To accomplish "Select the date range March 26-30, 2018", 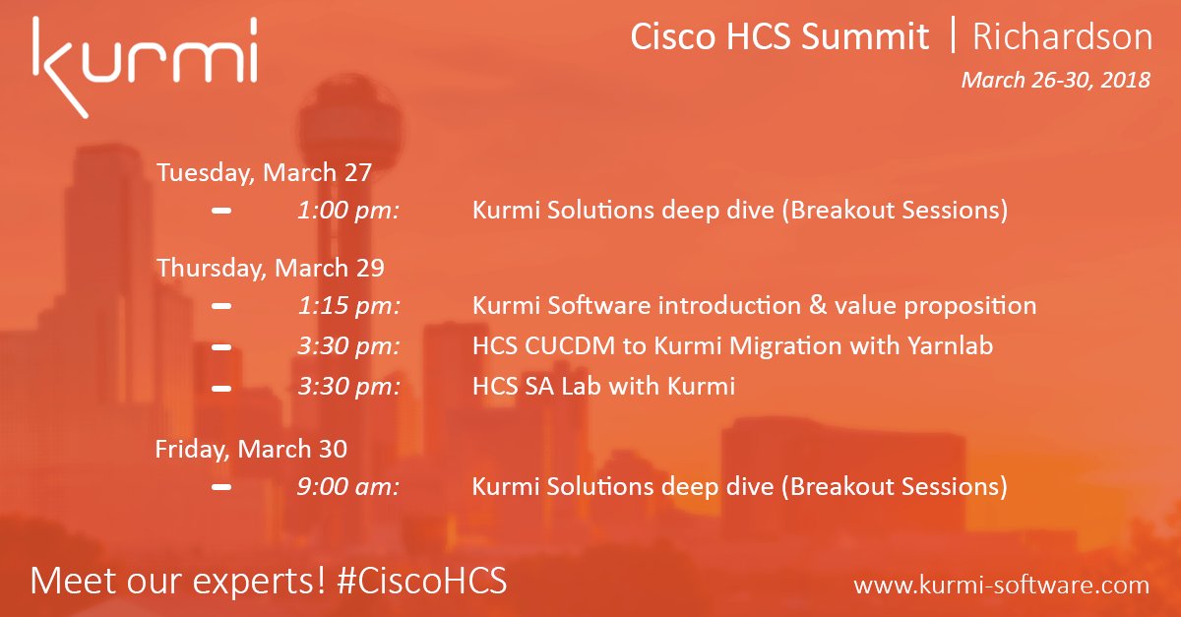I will (1055, 81).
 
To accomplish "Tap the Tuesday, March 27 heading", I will (264, 173).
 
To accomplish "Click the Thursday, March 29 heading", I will (271, 268).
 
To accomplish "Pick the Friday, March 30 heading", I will (251, 450).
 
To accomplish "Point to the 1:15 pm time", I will (348, 306).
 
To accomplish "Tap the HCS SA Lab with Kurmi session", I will (603, 387).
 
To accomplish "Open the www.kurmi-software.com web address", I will (1001, 585).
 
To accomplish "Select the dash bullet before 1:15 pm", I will (221, 306).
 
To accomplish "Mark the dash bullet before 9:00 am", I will (221, 487).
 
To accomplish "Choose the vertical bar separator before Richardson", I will (952, 37).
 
